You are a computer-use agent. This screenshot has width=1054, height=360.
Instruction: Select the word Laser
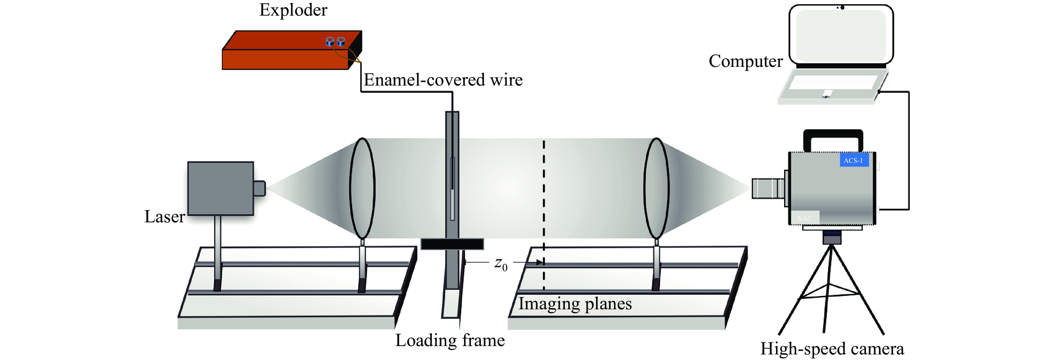coord(165,217)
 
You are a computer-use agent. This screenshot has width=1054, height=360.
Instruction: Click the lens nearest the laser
coord(362,188)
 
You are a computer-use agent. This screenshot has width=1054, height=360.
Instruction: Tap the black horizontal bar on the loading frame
coord(452,244)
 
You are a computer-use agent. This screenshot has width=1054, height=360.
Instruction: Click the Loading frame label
coord(450,340)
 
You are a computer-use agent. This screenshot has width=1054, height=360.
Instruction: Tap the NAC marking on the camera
coord(804,218)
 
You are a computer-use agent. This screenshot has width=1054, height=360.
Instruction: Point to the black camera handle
coord(833,137)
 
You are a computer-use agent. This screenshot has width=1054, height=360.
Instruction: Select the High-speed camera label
coord(832,349)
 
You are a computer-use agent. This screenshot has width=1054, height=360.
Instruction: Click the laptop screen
coord(841,35)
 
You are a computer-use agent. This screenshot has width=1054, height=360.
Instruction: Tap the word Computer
coord(746,61)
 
